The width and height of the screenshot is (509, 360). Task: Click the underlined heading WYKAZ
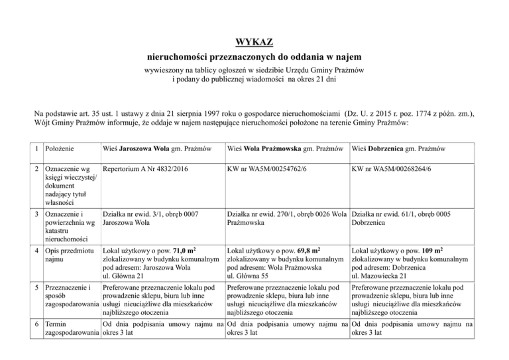point(254,42)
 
